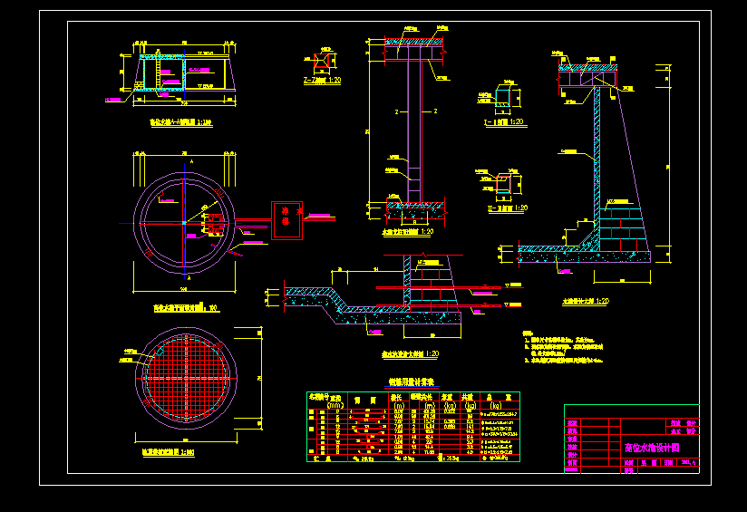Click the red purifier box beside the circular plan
[x=286, y=217]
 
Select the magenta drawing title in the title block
[x=652, y=448]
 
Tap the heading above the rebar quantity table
[x=411, y=382]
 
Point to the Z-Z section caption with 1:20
[x=322, y=82]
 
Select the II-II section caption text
[x=506, y=208]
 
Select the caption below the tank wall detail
[x=585, y=300]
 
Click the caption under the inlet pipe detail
[x=410, y=354]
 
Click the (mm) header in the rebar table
[x=335, y=404]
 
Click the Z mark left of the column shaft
[x=396, y=111]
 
